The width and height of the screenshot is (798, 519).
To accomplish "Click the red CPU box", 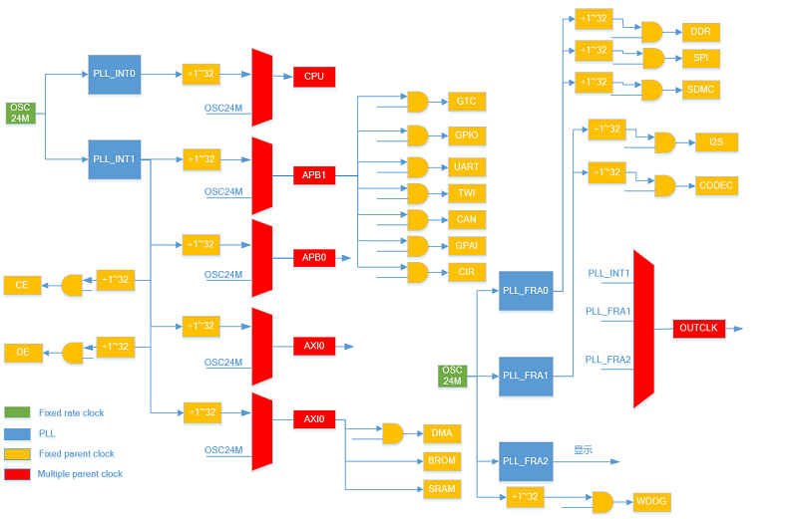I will click(314, 77).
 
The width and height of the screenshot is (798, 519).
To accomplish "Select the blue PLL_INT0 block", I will click(115, 75).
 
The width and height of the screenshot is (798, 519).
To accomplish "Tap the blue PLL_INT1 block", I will click(115, 159).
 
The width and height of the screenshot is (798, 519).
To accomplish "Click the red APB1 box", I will click(314, 175).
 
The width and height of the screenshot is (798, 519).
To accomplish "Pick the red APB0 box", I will click(314, 258).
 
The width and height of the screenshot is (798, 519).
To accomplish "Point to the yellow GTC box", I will click(466, 102).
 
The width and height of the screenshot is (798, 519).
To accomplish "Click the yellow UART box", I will click(466, 167).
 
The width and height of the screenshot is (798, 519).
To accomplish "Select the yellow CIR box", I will click(466, 272).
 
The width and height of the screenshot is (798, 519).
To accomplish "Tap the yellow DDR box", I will click(701, 32).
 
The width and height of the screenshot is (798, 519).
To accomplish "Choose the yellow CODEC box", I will click(715, 185).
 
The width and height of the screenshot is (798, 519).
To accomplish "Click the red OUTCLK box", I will click(699, 328).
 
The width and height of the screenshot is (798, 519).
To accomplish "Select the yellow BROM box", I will click(441, 461).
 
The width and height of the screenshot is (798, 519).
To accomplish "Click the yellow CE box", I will click(22, 285).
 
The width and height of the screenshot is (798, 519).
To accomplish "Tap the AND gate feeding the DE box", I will click(72, 353).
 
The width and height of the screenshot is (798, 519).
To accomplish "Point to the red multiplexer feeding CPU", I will click(262, 88).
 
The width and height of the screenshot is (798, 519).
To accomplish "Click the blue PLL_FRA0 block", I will click(525, 290).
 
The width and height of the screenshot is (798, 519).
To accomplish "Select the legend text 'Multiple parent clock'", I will click(80, 474).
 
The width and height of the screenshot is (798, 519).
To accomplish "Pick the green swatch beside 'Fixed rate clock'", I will click(17, 412).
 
